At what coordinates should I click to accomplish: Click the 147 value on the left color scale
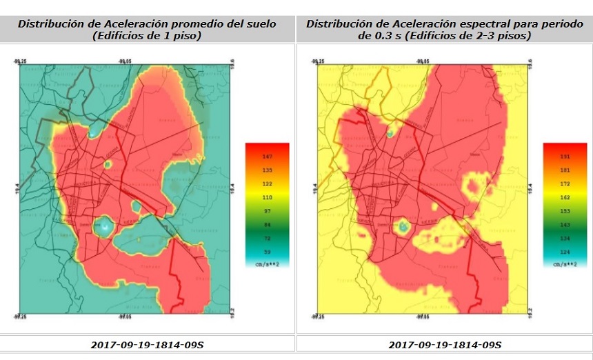coord(267,157)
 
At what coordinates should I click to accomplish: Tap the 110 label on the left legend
coord(267,197)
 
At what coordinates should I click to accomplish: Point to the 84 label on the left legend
coord(267,225)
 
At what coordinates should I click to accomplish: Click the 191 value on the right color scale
coord(565,157)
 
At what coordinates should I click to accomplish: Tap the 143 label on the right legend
coord(565,225)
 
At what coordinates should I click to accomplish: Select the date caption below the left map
coord(147,343)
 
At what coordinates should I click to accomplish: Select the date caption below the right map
coord(445,343)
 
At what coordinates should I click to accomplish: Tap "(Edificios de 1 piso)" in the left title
coord(147,35)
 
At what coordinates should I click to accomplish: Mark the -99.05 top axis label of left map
coord(126,61)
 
